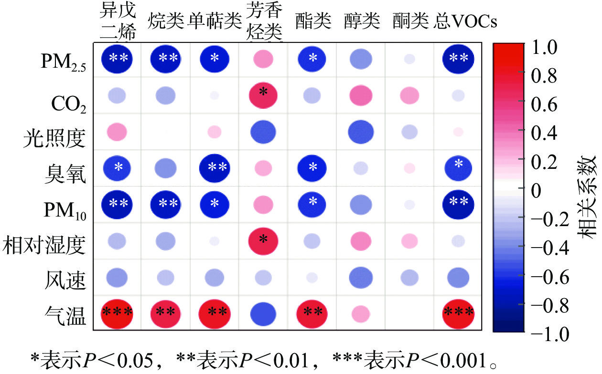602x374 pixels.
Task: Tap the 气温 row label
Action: (x=66, y=316)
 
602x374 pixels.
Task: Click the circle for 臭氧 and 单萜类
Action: (x=215, y=167)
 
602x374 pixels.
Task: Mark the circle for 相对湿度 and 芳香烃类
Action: (x=263, y=240)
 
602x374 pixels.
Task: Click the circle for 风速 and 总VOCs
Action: (x=457, y=277)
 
